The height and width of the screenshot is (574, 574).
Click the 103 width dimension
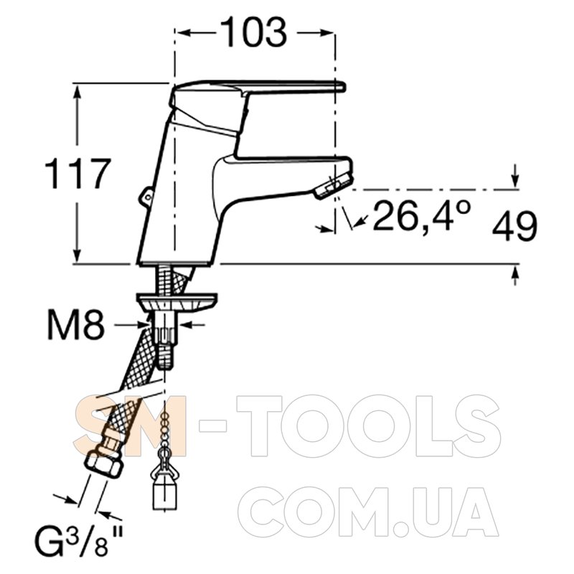pos(254,32)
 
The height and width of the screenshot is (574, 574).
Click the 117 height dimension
pos(77,174)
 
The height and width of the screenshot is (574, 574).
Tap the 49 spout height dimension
pos(514,226)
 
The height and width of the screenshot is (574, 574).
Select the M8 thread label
pos(76,324)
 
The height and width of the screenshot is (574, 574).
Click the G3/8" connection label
pos(79,537)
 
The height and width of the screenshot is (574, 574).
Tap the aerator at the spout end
pos(333,186)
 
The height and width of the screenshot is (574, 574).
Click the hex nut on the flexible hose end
pos(103,465)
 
